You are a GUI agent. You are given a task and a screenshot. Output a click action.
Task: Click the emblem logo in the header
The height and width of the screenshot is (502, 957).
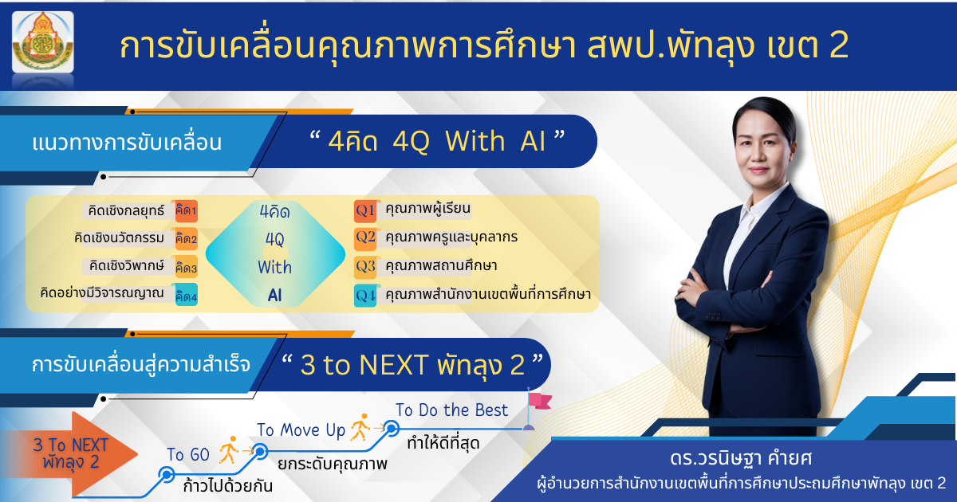click(x=43, y=41)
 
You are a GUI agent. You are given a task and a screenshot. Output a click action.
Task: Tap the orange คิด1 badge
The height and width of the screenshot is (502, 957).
click(x=187, y=211)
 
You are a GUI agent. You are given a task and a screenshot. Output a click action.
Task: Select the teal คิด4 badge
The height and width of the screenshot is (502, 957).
click(x=187, y=296)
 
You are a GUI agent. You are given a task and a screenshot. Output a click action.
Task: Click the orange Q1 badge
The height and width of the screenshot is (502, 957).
click(x=365, y=211)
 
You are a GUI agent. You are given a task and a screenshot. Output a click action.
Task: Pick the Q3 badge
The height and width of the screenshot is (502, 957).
click(x=365, y=267)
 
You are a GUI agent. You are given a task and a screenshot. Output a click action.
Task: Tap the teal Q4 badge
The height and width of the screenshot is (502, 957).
click(x=365, y=296)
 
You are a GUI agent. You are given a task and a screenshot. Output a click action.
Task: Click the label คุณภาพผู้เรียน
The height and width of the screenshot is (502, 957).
click(x=427, y=209)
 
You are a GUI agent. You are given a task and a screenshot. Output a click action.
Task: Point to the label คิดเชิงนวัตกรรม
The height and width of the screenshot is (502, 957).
click(x=119, y=237)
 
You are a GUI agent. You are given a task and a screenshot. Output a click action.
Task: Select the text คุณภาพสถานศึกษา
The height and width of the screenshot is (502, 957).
click(x=441, y=266)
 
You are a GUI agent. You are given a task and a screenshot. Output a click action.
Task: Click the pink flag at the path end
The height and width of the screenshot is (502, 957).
click(x=539, y=402)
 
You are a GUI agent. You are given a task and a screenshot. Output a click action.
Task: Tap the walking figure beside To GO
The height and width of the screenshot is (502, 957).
click(x=228, y=450)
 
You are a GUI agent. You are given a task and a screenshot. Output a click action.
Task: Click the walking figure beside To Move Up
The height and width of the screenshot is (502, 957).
click(x=360, y=427)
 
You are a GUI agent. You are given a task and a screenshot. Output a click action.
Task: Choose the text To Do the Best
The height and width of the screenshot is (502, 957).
click(x=451, y=410)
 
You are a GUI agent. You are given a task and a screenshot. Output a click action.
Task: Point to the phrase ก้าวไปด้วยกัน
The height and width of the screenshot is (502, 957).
click(x=228, y=486)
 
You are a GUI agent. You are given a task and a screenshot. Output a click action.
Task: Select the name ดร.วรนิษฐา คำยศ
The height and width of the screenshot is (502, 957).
click(x=740, y=459)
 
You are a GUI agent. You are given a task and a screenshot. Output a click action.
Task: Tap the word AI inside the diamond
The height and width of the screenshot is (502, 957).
click(x=274, y=295)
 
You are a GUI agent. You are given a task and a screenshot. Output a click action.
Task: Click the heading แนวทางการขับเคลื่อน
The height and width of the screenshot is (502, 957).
click(x=127, y=143)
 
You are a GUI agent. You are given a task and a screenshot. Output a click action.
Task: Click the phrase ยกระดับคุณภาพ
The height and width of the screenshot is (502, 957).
click(x=333, y=464)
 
